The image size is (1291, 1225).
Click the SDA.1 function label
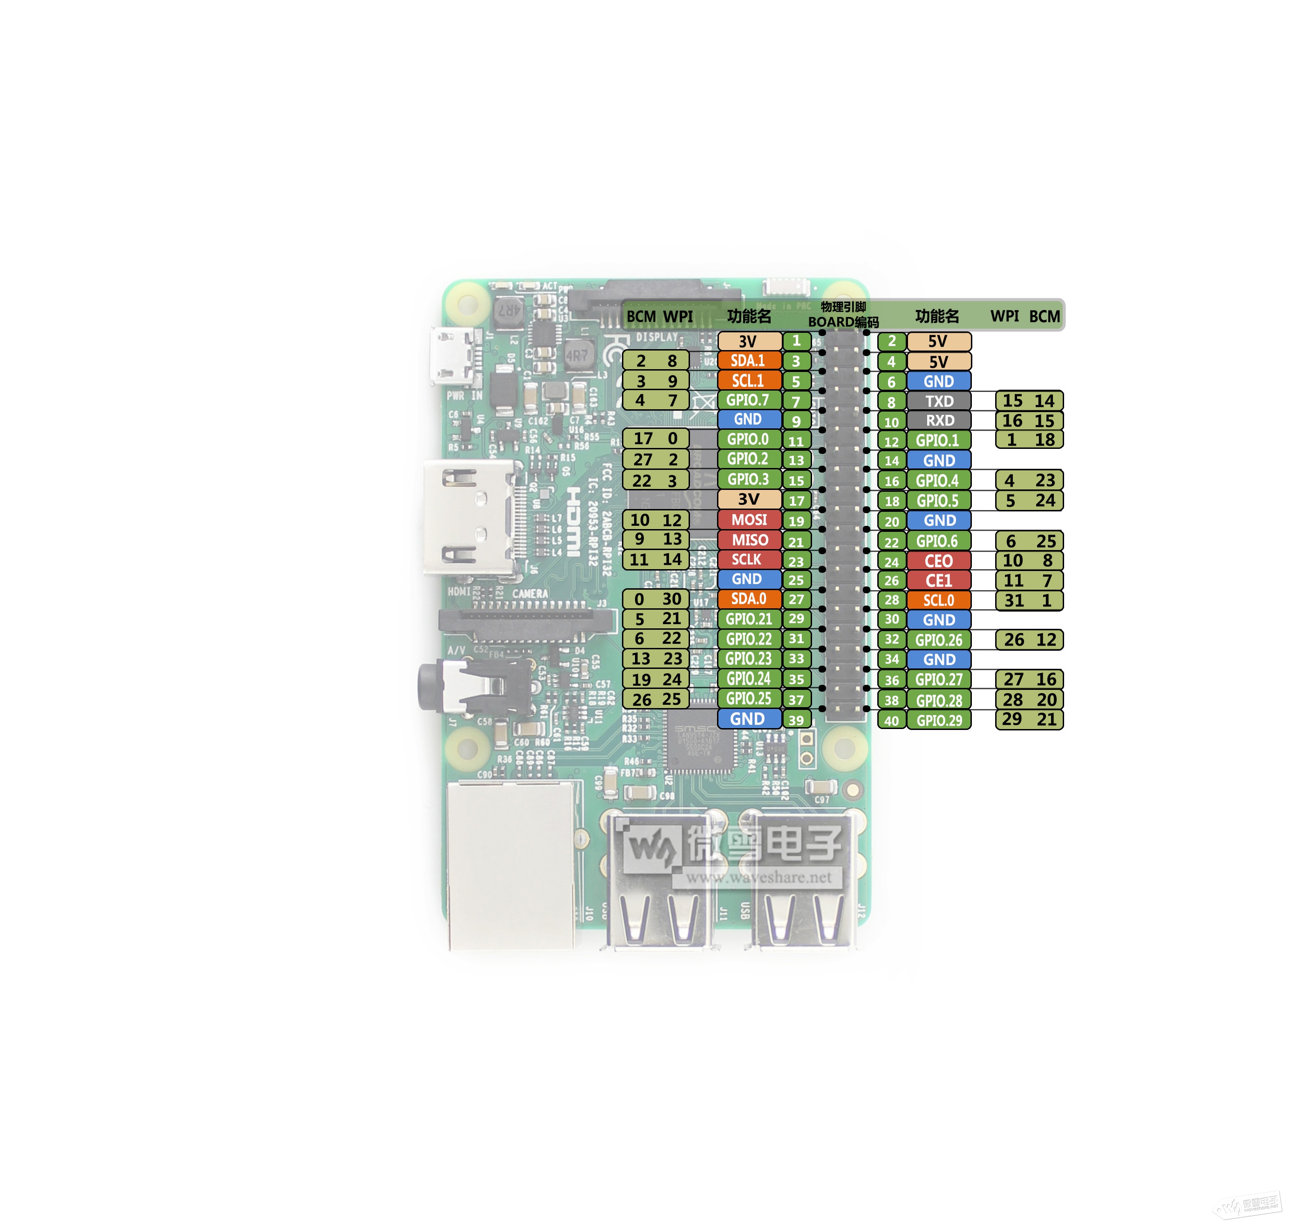tap(749, 360)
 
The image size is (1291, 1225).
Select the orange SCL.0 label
tap(939, 600)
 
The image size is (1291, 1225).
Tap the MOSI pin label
tap(749, 520)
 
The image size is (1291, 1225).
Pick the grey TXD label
tap(939, 401)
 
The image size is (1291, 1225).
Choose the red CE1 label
tap(939, 580)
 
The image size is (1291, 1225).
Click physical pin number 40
tap(892, 720)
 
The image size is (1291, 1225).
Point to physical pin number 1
tap(796, 341)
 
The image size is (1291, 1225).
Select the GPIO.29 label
tap(939, 720)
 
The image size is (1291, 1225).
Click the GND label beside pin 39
tap(749, 719)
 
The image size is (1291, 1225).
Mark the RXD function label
tap(939, 420)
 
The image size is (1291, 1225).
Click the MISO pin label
tap(749, 540)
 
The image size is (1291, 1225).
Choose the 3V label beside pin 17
tap(749, 500)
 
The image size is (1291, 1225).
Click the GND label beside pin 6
tap(939, 381)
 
